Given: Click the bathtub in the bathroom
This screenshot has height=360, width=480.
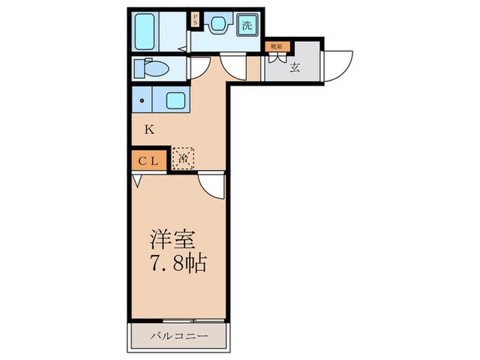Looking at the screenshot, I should (x=145, y=31).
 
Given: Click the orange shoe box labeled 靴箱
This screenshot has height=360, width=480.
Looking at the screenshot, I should (x=278, y=47).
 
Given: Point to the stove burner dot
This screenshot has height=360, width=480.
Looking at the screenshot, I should (x=143, y=101).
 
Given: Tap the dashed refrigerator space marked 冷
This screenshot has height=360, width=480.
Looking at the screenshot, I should (x=184, y=159).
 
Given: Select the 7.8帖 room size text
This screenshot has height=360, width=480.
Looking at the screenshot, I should (x=178, y=263).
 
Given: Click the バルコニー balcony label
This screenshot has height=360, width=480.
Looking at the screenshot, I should (x=178, y=337).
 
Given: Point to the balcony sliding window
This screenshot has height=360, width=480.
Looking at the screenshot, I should (x=178, y=321).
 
